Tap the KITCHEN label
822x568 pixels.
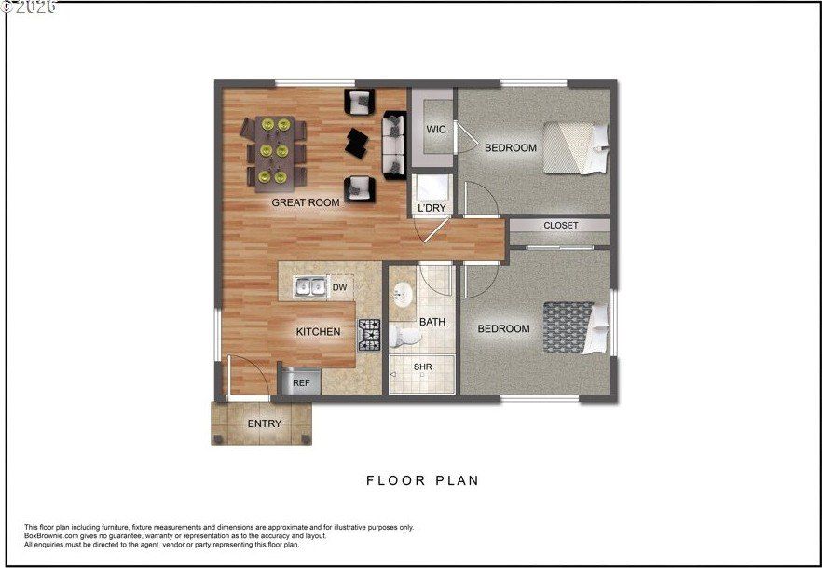(x=318, y=331)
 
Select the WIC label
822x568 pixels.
(x=436, y=129)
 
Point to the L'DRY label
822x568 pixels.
(x=432, y=207)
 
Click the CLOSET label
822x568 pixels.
(x=560, y=225)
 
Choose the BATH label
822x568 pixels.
(x=432, y=322)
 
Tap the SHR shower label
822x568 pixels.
(x=422, y=367)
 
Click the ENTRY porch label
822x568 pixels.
(x=264, y=423)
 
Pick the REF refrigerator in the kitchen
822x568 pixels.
(x=301, y=381)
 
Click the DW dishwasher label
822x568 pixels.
(x=340, y=287)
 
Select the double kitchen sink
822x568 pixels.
(x=311, y=287)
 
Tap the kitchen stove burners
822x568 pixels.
(x=370, y=334)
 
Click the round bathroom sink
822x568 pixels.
(x=403, y=295)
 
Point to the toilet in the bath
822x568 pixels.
(x=404, y=335)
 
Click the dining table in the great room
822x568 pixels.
(x=275, y=149)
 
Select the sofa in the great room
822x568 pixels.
(x=394, y=144)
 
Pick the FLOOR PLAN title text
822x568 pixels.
(x=422, y=481)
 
